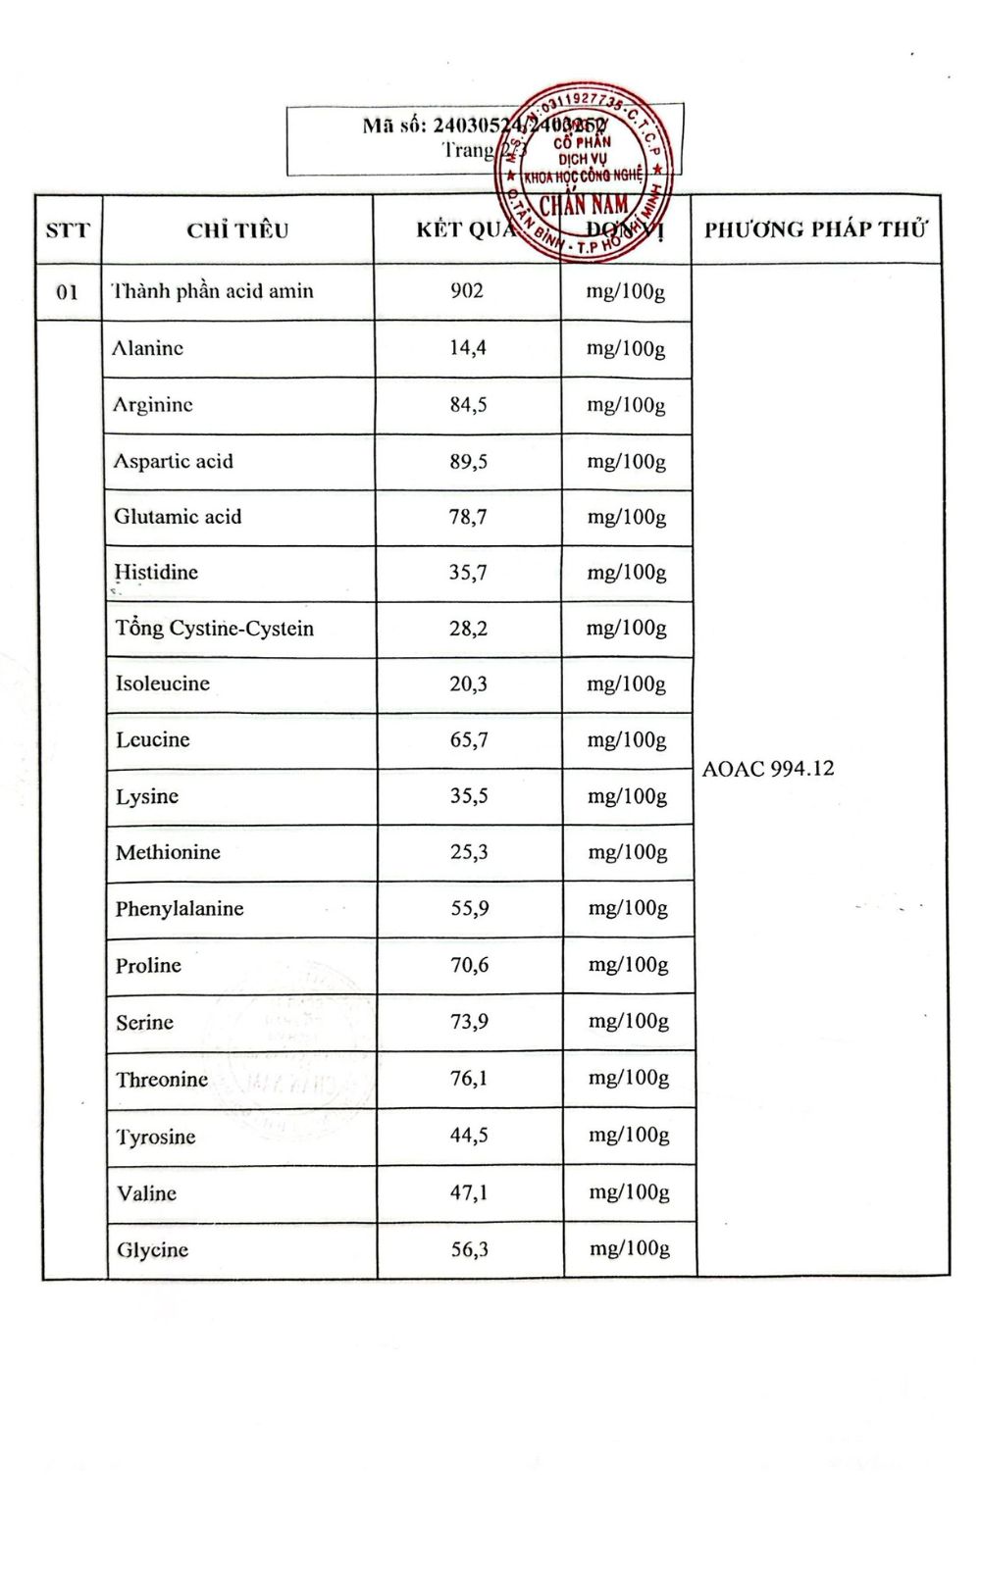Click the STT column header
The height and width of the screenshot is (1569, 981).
[x=68, y=230]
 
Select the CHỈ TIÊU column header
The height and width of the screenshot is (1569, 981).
[x=237, y=230]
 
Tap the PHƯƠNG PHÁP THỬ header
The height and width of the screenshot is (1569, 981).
[x=815, y=229]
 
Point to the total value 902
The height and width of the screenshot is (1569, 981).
[x=467, y=290]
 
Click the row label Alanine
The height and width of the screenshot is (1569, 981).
[x=148, y=348]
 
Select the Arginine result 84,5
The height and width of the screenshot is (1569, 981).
[x=468, y=404]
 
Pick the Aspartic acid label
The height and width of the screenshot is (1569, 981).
[x=174, y=461]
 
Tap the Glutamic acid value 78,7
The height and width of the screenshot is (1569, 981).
[x=468, y=516]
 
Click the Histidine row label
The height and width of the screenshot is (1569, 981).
[x=156, y=572]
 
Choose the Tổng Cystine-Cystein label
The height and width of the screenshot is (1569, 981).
[x=215, y=628]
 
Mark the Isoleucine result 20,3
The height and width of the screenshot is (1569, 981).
[x=468, y=683]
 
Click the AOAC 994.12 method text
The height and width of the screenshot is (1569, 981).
[x=768, y=769]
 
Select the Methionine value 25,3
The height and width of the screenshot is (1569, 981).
[x=469, y=852]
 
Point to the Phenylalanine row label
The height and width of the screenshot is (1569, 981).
[x=180, y=908]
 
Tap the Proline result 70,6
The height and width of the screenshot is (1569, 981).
[x=469, y=965]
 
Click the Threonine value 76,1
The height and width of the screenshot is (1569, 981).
[x=469, y=1079]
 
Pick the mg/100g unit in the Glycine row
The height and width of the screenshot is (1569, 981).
[x=630, y=1248]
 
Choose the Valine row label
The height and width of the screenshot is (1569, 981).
[x=146, y=1193]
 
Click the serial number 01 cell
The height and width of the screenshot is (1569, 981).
[x=68, y=291]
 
